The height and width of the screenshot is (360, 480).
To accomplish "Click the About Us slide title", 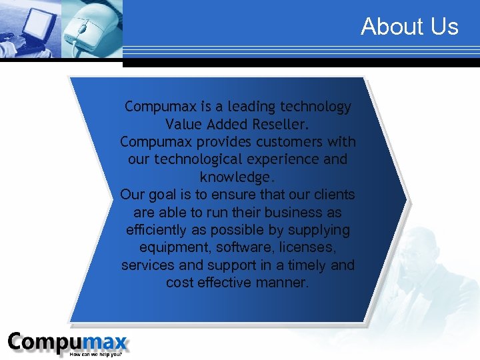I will pos(409,27).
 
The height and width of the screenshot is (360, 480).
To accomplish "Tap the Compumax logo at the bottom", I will pos(67,343).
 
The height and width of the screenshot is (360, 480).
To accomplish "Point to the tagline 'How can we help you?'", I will pos(96,354).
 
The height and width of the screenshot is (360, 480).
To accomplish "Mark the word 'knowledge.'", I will pos(237,178).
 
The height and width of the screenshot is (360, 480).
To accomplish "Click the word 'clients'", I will pos(333,195).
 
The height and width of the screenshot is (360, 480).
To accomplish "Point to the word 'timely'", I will pos(304,265).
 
